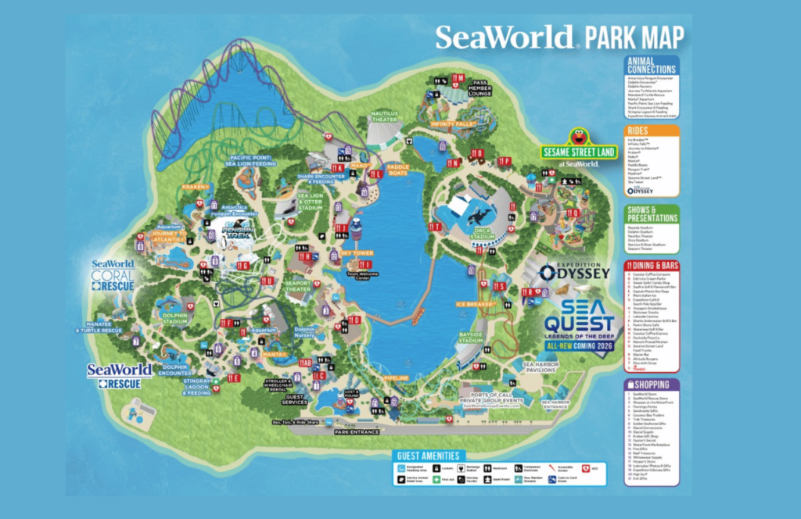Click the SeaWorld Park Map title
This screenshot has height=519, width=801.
[559, 37]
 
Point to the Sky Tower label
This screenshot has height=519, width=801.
[356, 253]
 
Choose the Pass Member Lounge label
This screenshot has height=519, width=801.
[480, 87]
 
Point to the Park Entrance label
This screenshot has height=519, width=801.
[357, 431]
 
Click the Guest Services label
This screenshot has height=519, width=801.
[296, 401]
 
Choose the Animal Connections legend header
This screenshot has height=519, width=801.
[652, 66]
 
